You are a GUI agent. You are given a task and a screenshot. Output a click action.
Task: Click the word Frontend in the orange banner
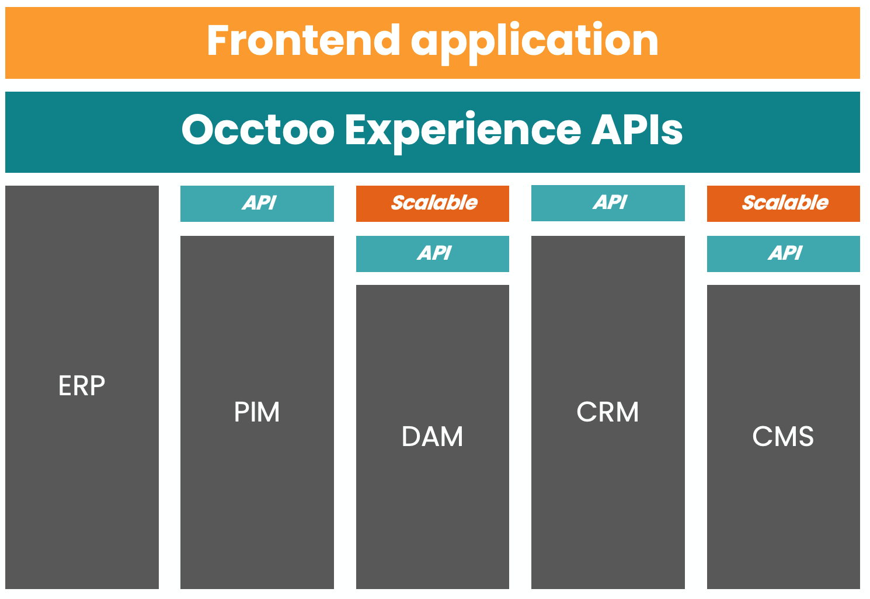pos(302,40)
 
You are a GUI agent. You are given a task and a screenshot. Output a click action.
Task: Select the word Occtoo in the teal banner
pos(257,130)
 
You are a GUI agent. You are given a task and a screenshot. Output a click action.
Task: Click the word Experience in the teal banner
pos(463,130)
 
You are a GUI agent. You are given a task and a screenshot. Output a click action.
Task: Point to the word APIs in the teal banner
pos(637,130)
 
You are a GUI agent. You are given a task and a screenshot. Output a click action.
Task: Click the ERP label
pos(82,386)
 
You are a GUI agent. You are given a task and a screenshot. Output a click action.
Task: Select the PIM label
pos(257,412)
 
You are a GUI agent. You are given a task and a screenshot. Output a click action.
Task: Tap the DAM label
pos(432,437)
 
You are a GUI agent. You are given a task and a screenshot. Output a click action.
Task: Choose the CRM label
pos(607,412)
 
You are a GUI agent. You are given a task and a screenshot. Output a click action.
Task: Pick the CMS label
pos(783,437)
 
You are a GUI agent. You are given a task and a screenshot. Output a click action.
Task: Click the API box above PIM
pos(257,203)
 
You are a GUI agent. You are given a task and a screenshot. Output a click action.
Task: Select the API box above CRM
pos(608,203)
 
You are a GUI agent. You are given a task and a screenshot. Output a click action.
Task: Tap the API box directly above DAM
pos(432,253)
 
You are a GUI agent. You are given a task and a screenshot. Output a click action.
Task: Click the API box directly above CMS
pos(783,253)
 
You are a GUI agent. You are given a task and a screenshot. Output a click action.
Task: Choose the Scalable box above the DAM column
pos(432,203)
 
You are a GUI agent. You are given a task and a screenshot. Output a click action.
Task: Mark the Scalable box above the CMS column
pos(783,203)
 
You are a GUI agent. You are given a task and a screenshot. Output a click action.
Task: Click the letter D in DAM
pos(411,437)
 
